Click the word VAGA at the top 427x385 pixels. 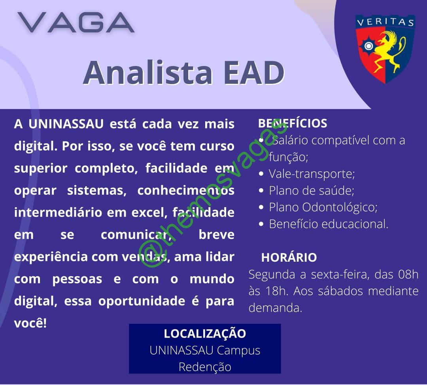point(76,22)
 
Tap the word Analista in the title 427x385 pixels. point(148,73)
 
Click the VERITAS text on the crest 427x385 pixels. point(385,22)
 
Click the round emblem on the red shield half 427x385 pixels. point(368,46)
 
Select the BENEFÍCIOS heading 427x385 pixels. point(293,123)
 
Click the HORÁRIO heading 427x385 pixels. point(289,257)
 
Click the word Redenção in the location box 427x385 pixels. point(205,367)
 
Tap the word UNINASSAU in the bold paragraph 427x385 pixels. point(66,124)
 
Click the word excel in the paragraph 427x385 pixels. point(149,212)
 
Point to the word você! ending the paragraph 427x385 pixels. point(30,323)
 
